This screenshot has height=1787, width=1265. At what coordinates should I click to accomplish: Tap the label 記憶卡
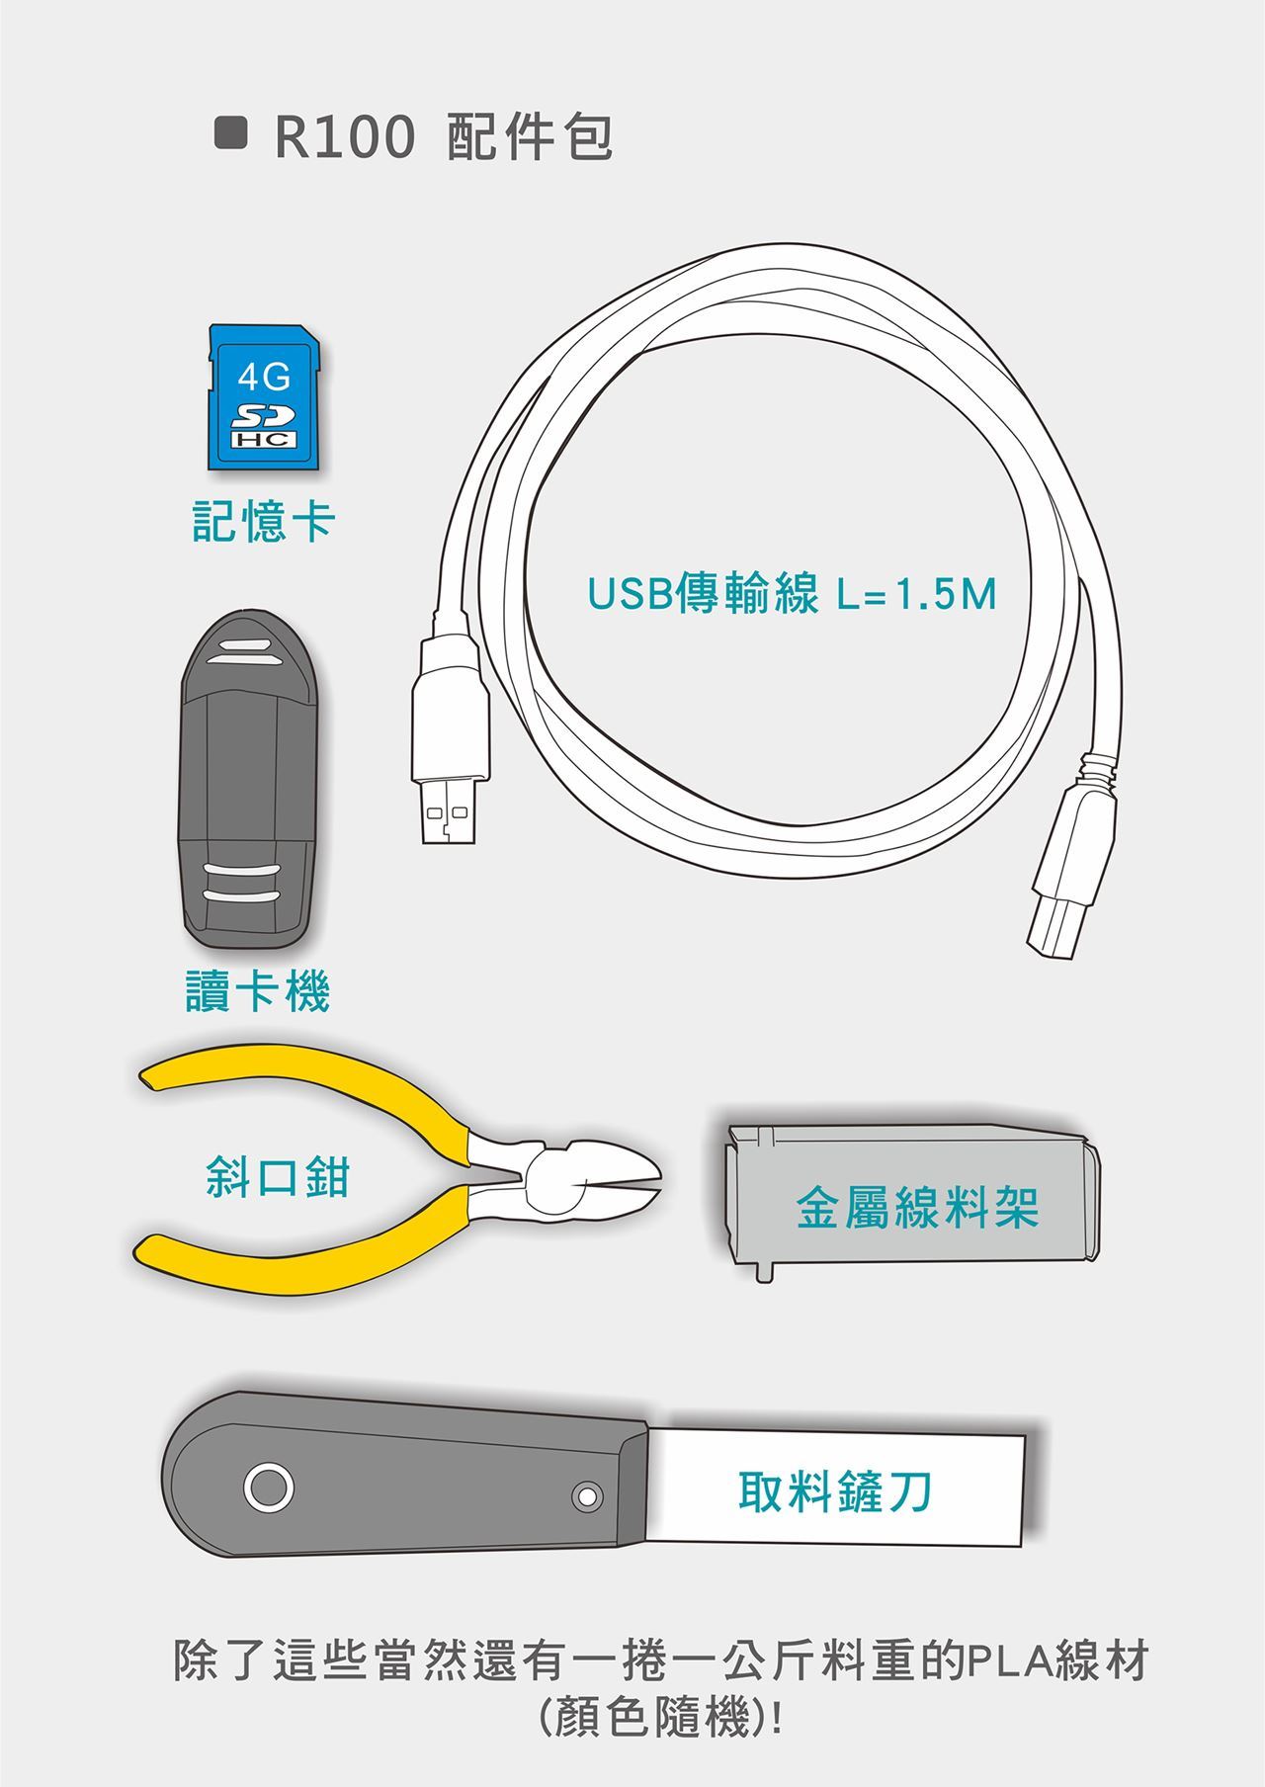pyautogui.click(x=264, y=521)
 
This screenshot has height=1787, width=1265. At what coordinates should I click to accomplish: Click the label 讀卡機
pyautogui.click(x=258, y=991)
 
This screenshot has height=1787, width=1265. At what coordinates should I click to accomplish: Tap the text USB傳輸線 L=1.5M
pyautogui.click(x=792, y=595)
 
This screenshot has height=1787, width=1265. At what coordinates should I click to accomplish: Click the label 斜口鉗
pyautogui.click(x=278, y=1176)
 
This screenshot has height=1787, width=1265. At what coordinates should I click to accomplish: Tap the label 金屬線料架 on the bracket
pyautogui.click(x=918, y=1208)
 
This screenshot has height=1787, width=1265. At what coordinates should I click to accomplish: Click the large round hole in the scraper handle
pyautogui.click(x=269, y=1488)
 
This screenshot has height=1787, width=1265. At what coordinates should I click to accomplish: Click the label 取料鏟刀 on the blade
pyautogui.click(x=836, y=1490)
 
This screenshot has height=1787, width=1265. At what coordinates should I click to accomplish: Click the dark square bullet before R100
pyautogui.click(x=231, y=132)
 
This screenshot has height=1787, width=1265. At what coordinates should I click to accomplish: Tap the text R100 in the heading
pyautogui.click(x=344, y=136)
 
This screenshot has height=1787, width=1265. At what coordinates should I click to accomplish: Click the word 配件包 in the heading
pyautogui.click(x=531, y=136)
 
